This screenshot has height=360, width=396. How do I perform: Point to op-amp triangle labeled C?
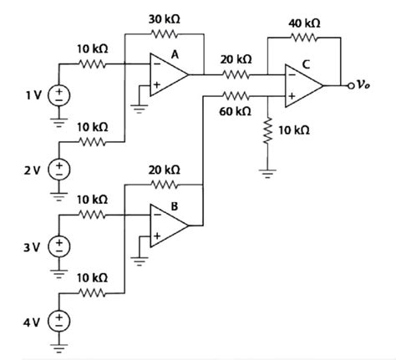click(x=302, y=85)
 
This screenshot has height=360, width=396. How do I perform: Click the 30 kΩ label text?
click(x=164, y=18)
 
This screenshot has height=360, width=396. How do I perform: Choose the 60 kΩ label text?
click(x=236, y=111)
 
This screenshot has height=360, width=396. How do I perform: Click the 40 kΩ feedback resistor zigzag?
click(x=302, y=38)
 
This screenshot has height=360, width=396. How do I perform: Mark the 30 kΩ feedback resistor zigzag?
click(x=164, y=34)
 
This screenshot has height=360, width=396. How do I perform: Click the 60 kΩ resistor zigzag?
click(x=236, y=96)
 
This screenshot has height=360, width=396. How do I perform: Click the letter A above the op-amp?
click(x=175, y=53)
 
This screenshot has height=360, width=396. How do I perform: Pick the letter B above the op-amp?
click(x=175, y=203)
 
